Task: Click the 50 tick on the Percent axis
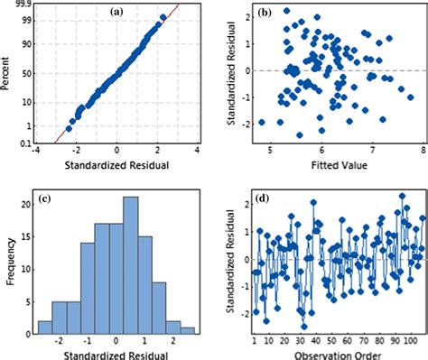pyautogui.click(x=27, y=72)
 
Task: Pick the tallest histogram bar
pyautogui.click(x=130, y=262)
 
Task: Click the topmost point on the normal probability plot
pyautogui.click(x=163, y=16)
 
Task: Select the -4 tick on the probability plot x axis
pyautogui.click(x=36, y=152)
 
